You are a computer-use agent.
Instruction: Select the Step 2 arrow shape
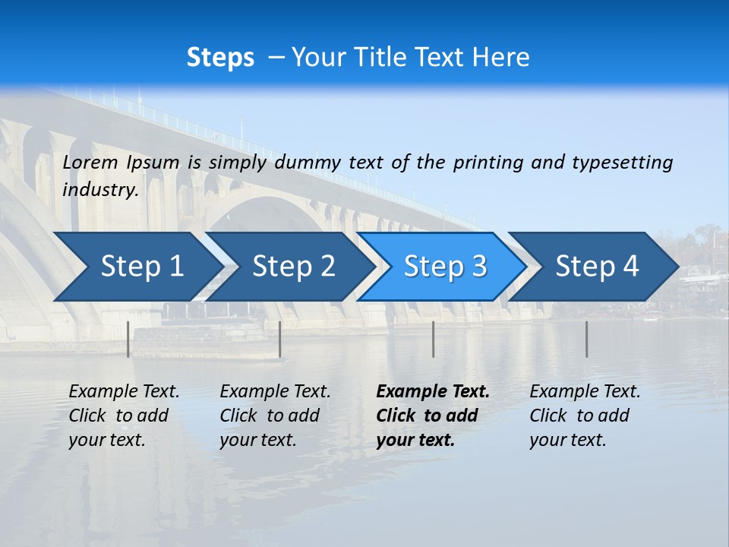pyautogui.click(x=293, y=267)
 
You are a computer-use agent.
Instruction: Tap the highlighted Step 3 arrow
pyautogui.click(x=445, y=267)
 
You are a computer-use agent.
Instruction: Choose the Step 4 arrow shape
pyautogui.click(x=597, y=267)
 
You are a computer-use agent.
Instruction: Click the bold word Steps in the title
pyautogui.click(x=220, y=58)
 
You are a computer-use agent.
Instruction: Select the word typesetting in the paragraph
pyautogui.click(x=622, y=163)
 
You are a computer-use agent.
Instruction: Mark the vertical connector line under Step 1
pyautogui.click(x=128, y=339)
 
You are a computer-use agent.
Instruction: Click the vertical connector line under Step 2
pyautogui.click(x=280, y=339)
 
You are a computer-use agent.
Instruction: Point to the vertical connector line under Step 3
pyautogui.click(x=433, y=339)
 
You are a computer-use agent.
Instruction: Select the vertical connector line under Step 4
pyautogui.click(x=586, y=339)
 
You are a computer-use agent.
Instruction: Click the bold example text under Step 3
pyautogui.click(x=432, y=416)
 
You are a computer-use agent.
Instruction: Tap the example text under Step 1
pyautogui.click(x=123, y=416)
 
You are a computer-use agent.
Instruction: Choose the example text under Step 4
pyautogui.click(x=584, y=416)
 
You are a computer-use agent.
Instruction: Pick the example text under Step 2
pyautogui.click(x=274, y=416)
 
